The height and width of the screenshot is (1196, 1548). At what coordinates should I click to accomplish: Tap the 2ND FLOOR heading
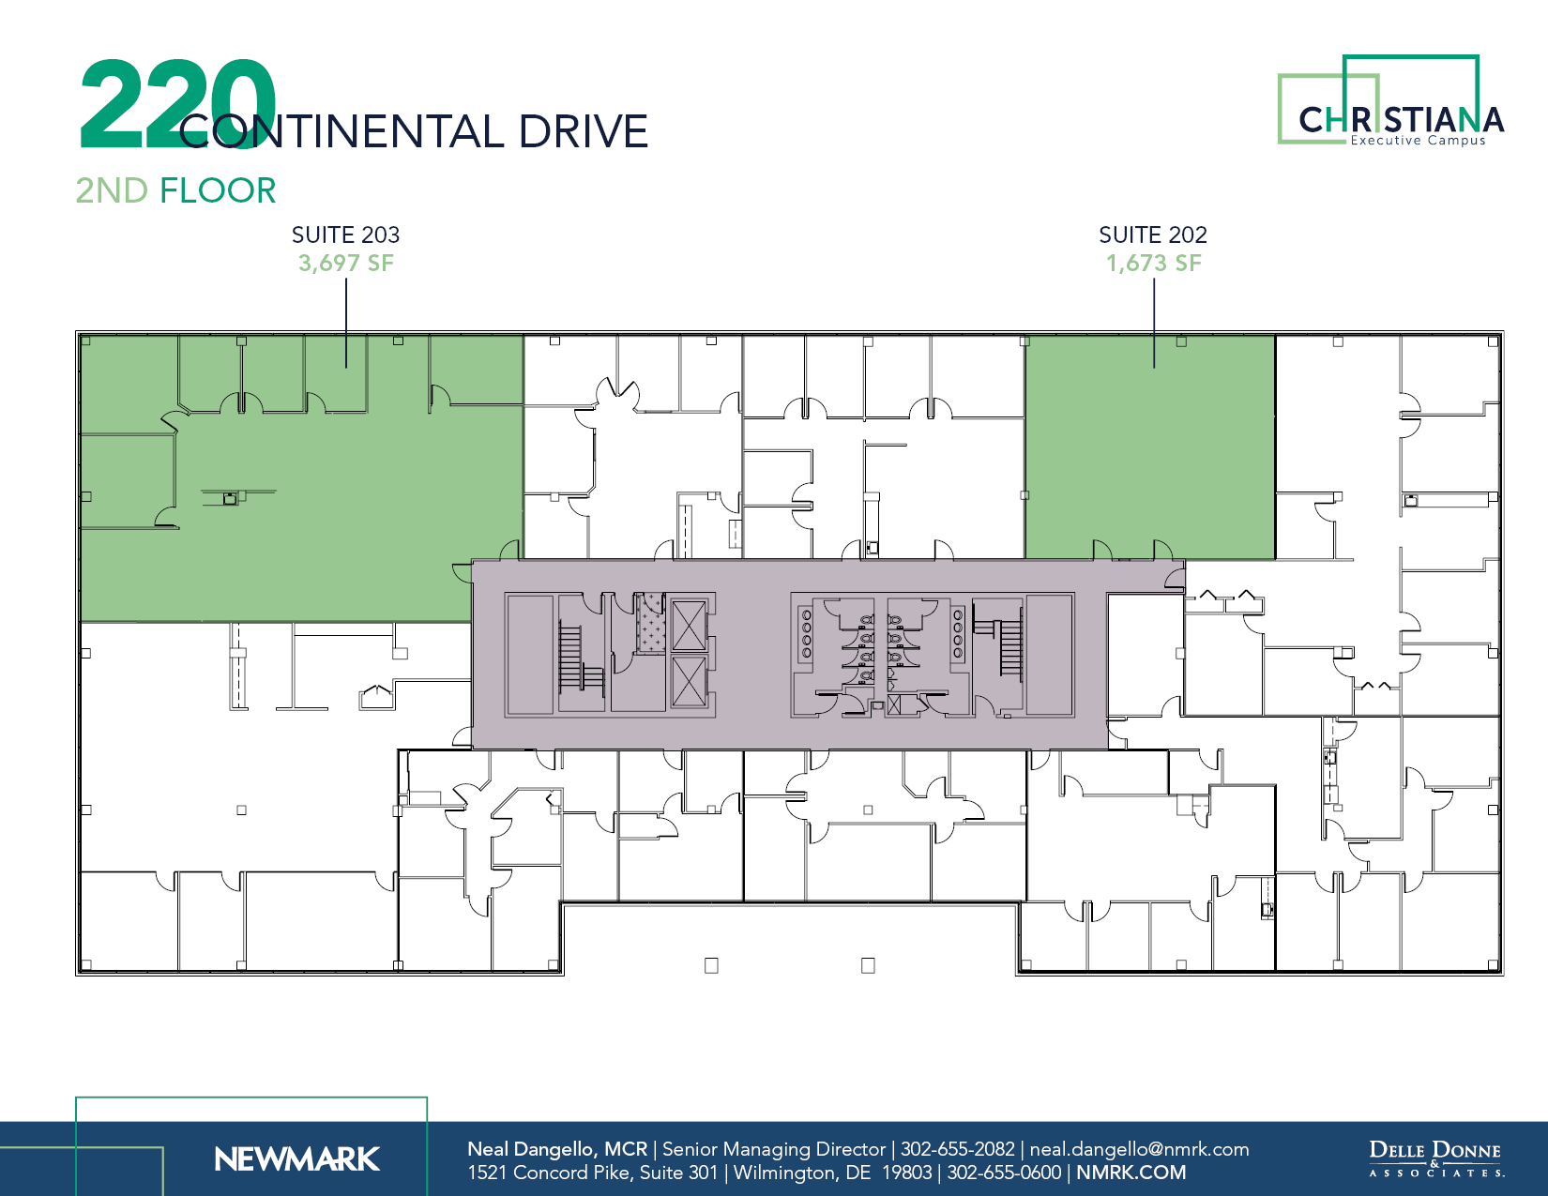coord(175,190)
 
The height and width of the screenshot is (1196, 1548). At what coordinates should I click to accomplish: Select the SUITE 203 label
coord(345,235)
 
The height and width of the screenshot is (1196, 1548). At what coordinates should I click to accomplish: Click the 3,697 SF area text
coord(345,264)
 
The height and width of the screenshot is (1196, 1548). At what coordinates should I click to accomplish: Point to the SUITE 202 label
coord(1152,235)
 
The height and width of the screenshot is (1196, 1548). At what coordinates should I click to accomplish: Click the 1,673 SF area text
coord(1153,264)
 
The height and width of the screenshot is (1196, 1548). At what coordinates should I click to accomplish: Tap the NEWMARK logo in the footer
coord(296,1159)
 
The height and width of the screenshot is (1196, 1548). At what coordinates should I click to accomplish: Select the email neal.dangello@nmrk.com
coord(1139,1149)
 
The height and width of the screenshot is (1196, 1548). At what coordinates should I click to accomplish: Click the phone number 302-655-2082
coord(957,1149)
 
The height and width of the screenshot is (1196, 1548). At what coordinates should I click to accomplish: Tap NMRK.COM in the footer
coord(1131,1173)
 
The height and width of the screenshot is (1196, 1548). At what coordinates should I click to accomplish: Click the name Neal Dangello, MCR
coord(557,1149)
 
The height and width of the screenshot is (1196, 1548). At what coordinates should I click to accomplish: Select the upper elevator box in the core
coord(689,626)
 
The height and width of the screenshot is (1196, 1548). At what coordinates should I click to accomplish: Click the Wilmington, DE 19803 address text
coord(832,1173)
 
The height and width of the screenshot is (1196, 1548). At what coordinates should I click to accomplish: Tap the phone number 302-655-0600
coord(1004,1173)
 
